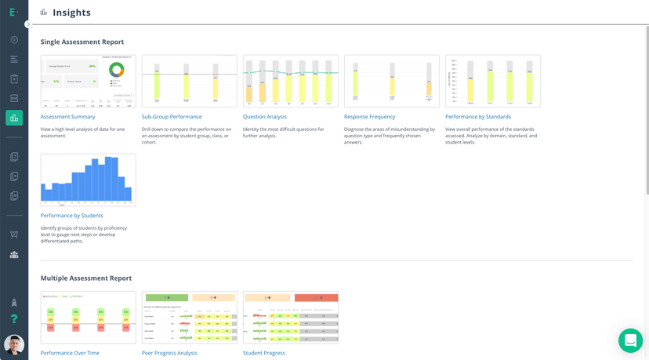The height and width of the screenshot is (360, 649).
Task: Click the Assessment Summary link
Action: click(67, 117)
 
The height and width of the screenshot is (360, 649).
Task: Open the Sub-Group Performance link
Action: click(172, 117)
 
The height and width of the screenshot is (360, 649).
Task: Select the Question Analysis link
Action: click(265, 117)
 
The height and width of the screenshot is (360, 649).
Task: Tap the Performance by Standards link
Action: click(478, 117)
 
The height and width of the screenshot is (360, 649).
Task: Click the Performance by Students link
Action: click(71, 216)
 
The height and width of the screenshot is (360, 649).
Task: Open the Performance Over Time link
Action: click(70, 353)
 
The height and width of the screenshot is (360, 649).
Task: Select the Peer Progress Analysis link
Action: click(169, 353)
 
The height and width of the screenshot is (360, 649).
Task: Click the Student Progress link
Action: click(264, 353)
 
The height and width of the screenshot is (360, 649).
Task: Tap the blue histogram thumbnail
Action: click(88, 180)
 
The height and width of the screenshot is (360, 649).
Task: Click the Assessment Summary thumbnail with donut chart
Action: click(88, 81)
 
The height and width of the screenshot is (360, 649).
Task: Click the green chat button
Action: click(630, 340)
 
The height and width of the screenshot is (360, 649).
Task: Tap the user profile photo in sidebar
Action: click(14, 344)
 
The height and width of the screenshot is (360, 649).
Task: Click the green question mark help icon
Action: click(14, 319)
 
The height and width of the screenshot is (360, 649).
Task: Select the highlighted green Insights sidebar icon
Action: click(14, 118)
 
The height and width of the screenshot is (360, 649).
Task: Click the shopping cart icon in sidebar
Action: click(14, 235)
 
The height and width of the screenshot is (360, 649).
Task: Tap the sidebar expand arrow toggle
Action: click(28, 24)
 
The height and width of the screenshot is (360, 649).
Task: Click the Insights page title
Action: click(71, 13)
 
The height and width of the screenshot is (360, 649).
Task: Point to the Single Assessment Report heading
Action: click(82, 42)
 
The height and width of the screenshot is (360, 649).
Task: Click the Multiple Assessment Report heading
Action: click(86, 278)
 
